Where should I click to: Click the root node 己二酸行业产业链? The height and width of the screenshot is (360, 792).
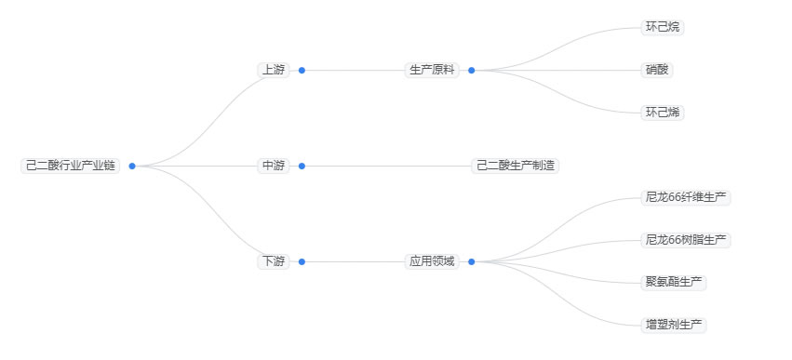[71, 166]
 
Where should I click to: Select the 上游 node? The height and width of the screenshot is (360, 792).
[274, 70]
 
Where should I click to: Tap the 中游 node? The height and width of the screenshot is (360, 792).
[274, 166]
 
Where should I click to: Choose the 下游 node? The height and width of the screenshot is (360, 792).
[274, 261]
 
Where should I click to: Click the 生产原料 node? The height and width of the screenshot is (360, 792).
[433, 70]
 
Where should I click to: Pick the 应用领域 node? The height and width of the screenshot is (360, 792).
[433, 261]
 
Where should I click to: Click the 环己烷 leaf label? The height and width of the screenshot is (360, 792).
[663, 27]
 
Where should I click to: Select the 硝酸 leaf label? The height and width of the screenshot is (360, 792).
[657, 70]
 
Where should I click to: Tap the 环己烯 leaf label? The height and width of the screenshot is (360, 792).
[663, 113]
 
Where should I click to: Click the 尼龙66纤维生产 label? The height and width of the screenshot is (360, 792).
[686, 197]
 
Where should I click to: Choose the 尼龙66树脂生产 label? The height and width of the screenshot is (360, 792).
[686, 240]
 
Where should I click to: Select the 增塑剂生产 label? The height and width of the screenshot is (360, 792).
[675, 325]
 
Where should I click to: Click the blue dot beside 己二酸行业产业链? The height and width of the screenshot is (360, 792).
[132, 166]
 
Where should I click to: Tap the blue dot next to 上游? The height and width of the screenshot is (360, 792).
[302, 70]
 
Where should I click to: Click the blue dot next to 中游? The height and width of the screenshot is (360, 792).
[302, 166]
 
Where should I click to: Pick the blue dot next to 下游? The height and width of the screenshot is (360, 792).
[302, 261]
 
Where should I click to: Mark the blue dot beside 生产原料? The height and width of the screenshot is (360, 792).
[471, 70]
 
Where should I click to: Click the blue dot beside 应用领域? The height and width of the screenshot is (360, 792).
[471, 261]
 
